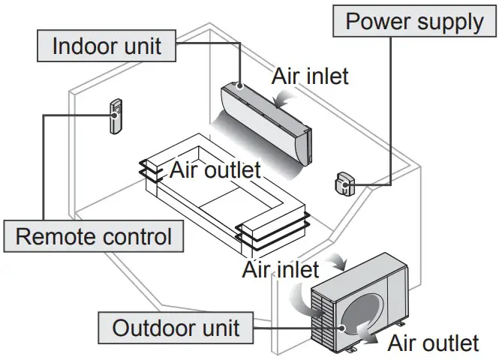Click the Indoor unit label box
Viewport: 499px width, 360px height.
(107, 46)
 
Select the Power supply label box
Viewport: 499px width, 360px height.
(414, 21)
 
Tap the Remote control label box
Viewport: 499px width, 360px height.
(94, 237)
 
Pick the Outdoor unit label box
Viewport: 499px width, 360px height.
(176, 327)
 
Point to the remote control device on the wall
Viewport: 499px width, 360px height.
(118, 116)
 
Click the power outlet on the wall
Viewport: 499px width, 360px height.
(344, 182)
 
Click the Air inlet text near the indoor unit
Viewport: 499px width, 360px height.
(310, 76)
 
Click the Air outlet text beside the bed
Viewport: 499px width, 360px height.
(215, 169)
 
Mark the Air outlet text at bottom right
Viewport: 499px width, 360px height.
(433, 343)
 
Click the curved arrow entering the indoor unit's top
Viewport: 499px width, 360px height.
(284, 96)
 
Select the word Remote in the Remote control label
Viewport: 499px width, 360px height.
(55, 237)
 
